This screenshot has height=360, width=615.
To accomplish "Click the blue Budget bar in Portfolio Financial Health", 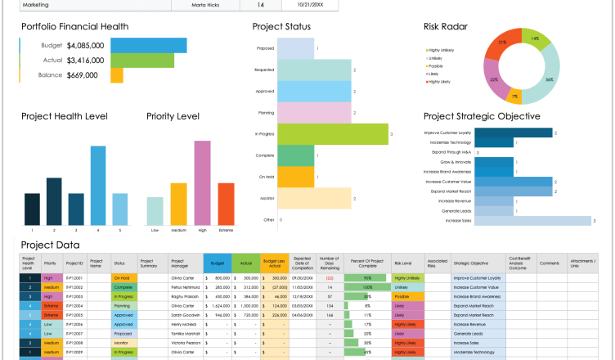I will point(141,45).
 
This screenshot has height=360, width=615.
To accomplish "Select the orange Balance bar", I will point(116,75).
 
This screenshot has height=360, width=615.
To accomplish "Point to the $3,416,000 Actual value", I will point(86,61).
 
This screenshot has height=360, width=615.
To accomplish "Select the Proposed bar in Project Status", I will point(297,48).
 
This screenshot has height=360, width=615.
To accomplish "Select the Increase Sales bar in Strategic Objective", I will point(532,220).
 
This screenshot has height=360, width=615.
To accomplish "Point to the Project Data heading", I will point(50,244).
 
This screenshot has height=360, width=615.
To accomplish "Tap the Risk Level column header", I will point(402,264).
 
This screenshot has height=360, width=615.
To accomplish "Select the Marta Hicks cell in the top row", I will point(206,4).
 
